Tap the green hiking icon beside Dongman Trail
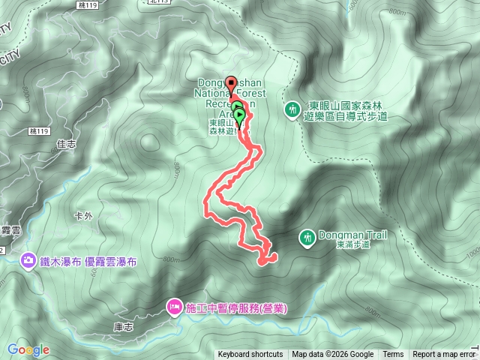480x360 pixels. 306,238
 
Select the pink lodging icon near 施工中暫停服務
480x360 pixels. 174,306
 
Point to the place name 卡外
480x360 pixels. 83,216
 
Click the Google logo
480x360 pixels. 28,349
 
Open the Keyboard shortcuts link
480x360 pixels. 250,355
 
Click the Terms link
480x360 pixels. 393,355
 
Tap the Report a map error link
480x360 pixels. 443,355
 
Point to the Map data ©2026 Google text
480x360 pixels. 333,355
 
